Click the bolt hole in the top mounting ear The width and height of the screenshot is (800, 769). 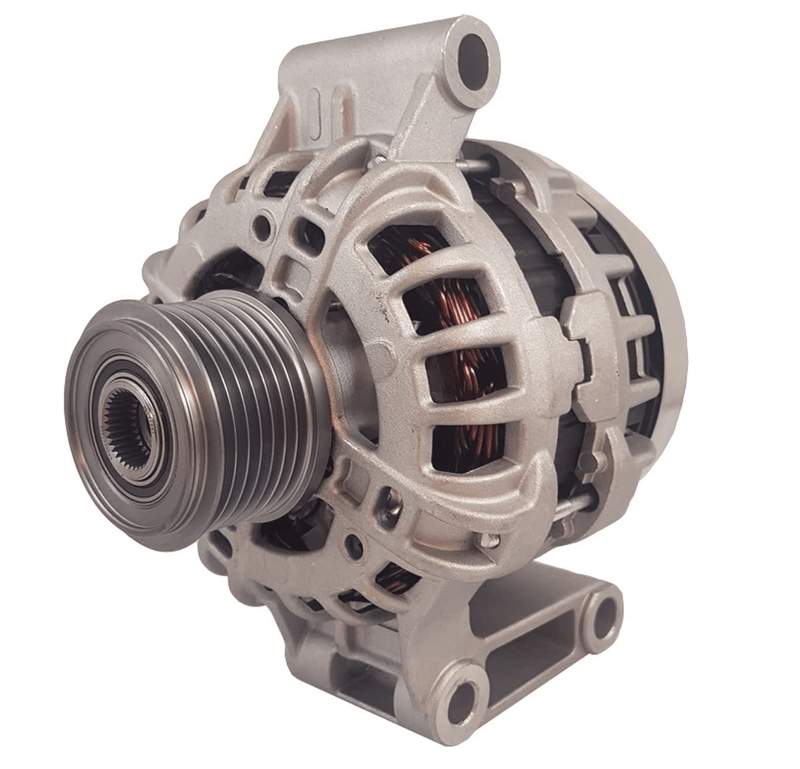[473, 54]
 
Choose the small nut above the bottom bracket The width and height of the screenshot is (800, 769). [487, 539]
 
